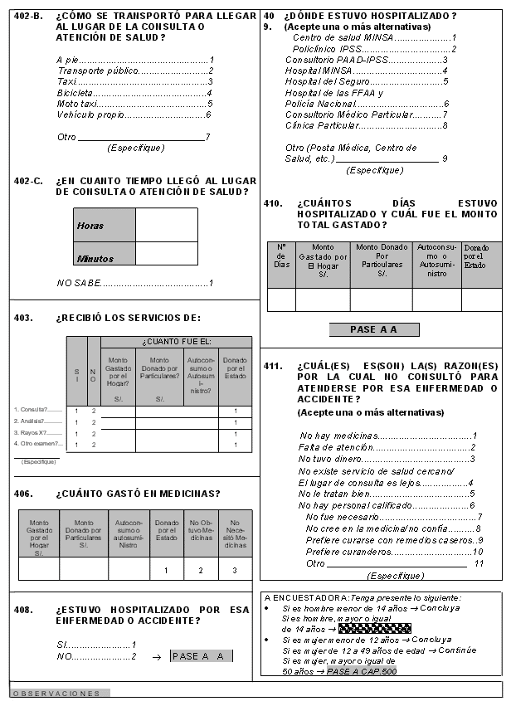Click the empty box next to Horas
[166, 224]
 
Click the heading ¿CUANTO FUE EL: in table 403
[176, 342]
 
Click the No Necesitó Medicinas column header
[236, 533]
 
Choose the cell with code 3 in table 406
[236, 570]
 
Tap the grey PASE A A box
[373, 329]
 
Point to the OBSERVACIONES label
[56, 693]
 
